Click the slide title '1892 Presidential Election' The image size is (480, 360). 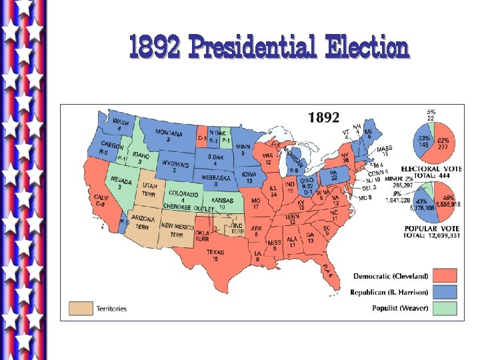[269, 48]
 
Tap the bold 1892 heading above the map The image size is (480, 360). [323, 118]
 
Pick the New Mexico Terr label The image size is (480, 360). [177, 230]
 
